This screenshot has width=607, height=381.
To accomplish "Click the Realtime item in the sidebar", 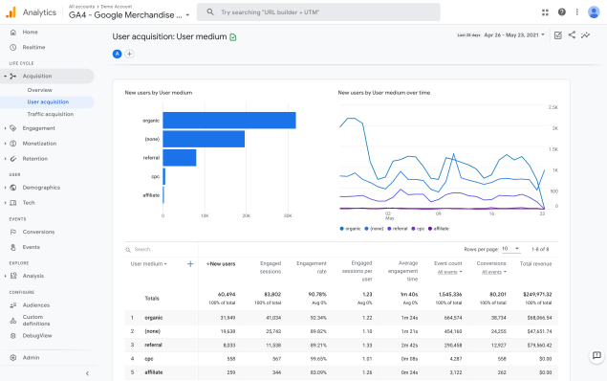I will (33, 46).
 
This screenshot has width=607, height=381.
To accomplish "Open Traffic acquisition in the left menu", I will (50, 114).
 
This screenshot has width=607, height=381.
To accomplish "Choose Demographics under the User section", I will (41, 187).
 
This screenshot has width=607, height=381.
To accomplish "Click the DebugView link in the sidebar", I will (38, 336).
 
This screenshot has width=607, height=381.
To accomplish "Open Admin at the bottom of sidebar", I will (31, 357).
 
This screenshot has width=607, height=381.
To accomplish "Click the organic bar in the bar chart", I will (228, 121).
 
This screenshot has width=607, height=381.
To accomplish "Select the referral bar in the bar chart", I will (179, 157).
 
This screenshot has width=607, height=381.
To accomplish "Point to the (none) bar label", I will (151, 139).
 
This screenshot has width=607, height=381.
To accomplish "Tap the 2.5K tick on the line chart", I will (553, 107).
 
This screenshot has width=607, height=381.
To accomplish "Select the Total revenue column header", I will (536, 263).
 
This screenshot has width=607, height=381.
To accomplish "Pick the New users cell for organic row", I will (222, 316).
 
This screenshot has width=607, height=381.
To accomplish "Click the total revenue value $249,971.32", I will (535, 295).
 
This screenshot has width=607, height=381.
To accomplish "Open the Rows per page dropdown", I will (510, 248).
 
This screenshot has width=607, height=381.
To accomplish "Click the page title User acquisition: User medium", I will (169, 36).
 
